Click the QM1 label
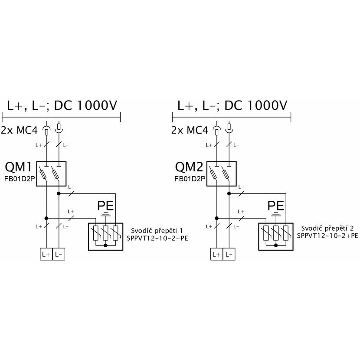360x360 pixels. point(18,167)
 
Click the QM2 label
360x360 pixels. point(189,167)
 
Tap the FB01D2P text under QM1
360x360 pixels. point(20,179)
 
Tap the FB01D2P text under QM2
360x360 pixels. point(190,179)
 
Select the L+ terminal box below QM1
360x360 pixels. point(46,254)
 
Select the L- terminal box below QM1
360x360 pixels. point(59,254)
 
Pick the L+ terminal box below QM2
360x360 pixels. point(216,254)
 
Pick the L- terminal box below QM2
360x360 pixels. point(229,254)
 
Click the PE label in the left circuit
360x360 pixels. point(105,206)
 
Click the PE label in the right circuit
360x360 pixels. point(276,206)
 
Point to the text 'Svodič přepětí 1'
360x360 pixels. point(157,231)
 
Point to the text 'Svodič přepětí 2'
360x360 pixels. point(327,229)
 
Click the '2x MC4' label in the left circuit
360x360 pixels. point(19,131)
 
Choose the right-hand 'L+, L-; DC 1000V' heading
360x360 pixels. point(232,105)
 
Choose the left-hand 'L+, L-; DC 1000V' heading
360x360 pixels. point(62,105)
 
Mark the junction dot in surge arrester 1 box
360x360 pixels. point(105,245)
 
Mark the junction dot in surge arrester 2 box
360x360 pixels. point(276,245)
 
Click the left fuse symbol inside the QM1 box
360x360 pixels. point(43,174)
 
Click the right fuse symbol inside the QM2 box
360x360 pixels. point(226,174)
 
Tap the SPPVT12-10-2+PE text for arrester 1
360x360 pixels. point(157,238)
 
